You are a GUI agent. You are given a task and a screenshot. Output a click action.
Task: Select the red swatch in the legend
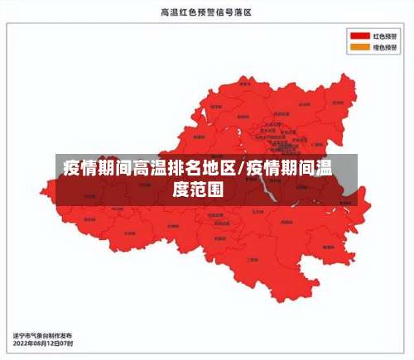359,36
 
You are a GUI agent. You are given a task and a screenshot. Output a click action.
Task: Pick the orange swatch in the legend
359,48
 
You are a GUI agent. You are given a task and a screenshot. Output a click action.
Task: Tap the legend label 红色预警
384,36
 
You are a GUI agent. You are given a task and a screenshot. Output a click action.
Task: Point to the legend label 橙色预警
384,48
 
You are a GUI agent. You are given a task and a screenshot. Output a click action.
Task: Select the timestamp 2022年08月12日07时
43,343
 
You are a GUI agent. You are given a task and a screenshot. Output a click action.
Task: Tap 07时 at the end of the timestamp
67,343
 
